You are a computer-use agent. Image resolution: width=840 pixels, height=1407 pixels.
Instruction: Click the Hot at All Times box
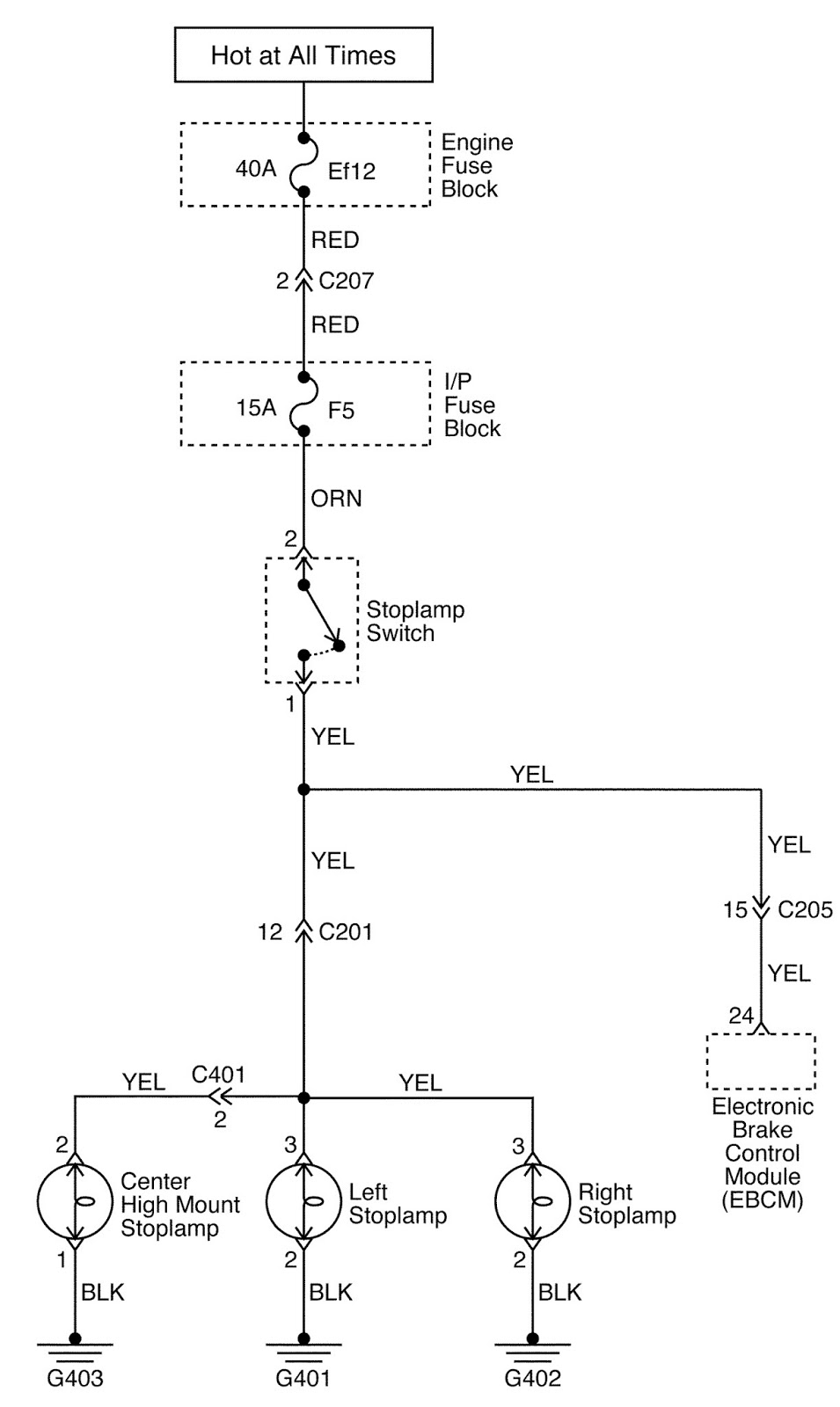303,55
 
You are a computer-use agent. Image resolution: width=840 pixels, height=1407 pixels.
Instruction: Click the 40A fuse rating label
256,168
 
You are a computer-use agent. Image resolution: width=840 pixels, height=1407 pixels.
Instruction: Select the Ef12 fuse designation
352,171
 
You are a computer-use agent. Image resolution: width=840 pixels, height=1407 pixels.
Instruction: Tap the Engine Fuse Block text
476,166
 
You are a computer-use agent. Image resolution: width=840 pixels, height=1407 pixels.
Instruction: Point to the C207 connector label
346,281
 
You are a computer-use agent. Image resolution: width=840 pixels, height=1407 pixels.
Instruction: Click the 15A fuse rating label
256,408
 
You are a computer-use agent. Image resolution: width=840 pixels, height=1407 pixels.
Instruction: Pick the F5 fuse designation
341,410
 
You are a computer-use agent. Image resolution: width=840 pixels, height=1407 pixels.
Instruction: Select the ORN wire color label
336,499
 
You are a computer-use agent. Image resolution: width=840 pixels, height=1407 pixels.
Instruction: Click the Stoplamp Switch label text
414,622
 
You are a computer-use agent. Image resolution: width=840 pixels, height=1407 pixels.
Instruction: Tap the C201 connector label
346,932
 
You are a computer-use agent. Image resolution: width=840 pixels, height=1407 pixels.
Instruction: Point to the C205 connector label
805,909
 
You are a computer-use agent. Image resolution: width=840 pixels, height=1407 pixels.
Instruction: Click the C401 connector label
218,1075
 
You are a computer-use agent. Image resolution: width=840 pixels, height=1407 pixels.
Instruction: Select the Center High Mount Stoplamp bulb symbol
75,1202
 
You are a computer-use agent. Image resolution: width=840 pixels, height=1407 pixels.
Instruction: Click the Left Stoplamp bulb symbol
303,1202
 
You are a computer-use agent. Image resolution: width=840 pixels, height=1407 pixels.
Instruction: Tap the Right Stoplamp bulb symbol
532,1202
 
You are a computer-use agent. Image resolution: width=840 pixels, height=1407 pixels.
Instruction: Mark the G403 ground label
75,1378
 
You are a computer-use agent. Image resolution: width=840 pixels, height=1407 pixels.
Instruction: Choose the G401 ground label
303,1378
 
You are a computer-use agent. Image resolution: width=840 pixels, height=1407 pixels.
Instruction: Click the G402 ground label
532,1378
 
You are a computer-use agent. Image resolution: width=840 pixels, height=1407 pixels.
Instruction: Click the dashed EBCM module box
761,1061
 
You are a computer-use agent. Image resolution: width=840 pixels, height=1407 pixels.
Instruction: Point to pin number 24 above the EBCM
741,1016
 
